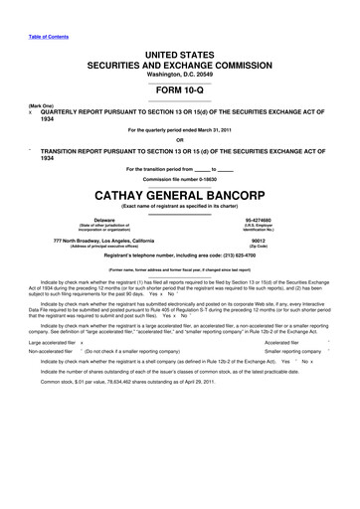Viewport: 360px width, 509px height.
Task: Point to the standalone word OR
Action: point(179,138)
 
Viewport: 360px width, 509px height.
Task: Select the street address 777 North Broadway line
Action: point(104,240)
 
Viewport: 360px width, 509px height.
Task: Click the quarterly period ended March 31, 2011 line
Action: point(179,128)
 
